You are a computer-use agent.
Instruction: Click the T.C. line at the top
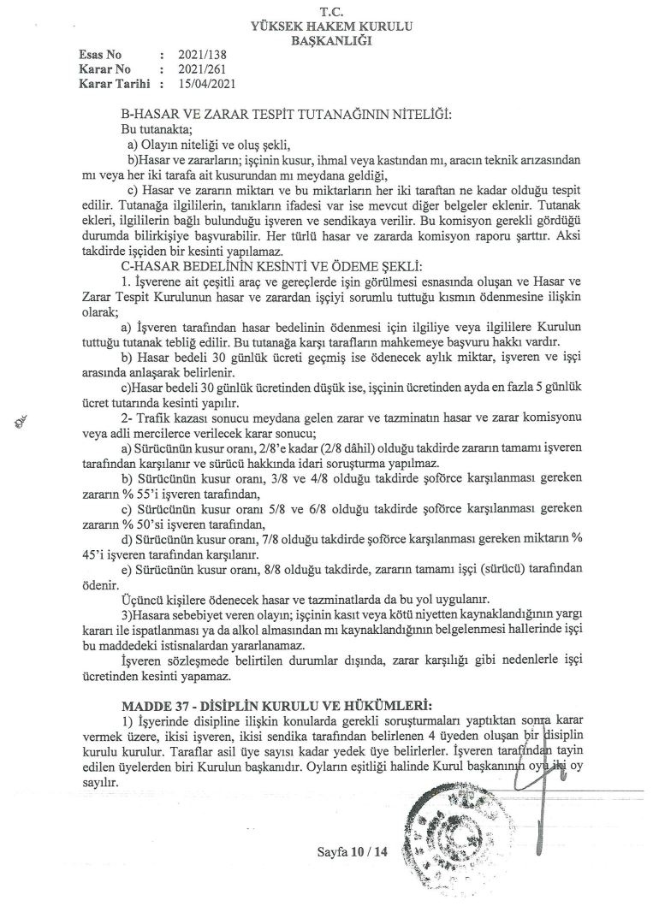(327, 13)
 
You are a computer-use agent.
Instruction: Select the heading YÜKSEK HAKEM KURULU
(327, 27)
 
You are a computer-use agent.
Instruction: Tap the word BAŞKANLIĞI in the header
(327, 40)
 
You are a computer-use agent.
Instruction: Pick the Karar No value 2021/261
(198, 69)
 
